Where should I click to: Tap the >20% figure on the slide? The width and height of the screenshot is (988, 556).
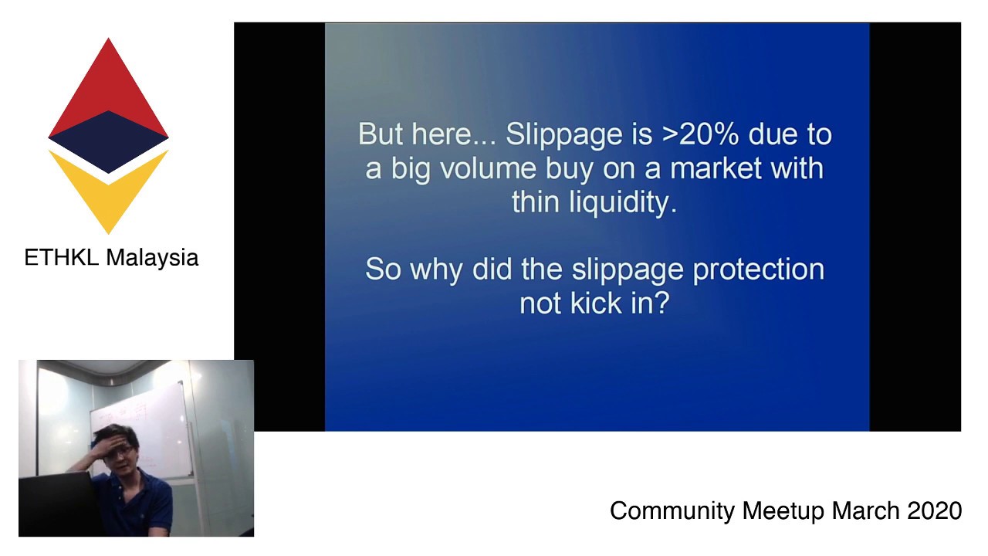click(701, 134)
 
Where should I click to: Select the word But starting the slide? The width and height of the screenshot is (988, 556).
click(381, 135)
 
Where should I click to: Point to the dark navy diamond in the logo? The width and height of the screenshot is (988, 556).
click(108, 141)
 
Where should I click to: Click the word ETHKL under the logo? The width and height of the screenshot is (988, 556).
click(62, 257)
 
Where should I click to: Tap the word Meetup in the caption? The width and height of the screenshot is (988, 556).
click(783, 510)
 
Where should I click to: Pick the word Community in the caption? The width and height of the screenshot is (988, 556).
click(672, 510)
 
